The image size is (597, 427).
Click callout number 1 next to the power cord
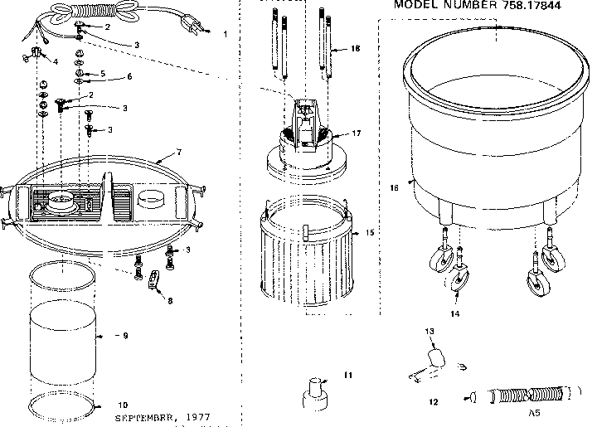click(x=226, y=34)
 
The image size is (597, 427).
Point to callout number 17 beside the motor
click(x=357, y=133)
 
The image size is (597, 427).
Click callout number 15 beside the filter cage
click(x=370, y=233)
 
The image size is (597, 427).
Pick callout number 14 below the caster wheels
click(x=455, y=315)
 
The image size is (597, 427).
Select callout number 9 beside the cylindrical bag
click(x=124, y=336)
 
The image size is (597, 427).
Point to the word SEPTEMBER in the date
click(x=144, y=417)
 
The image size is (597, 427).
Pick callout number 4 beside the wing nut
click(x=56, y=62)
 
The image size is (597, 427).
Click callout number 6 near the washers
click(x=129, y=77)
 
